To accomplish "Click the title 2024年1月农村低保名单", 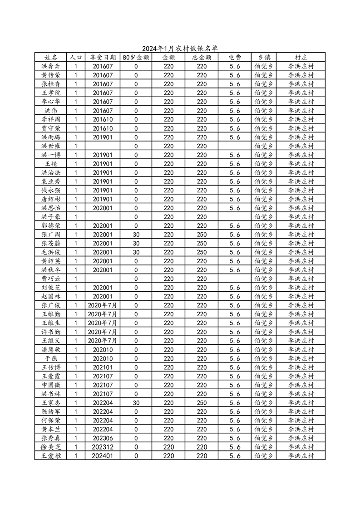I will coord(180,49).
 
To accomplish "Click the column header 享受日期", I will coord(103,58).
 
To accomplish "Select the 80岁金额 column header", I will coord(136,58).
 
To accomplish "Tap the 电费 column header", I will coord(235,58).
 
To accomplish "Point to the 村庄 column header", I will coord(301,58).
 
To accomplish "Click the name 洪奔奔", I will coord(50,66).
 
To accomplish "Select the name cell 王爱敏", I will coord(50,456).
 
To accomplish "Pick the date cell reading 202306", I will coord(103,438).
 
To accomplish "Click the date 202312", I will coord(103,447).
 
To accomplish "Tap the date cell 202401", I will coord(103,456).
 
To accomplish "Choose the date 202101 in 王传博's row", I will coord(103,367).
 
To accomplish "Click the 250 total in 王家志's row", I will coord(202,403).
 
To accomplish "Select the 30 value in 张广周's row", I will coord(136,235).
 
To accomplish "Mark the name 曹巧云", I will coord(50,279).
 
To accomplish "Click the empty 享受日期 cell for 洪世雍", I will coord(103,146).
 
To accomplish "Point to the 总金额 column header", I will coord(202,58).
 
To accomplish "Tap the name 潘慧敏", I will coord(50,350).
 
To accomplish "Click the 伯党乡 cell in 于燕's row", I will coord(264,359).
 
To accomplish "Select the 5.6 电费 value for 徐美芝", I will coord(235,447).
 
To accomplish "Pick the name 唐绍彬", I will coord(50,199).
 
